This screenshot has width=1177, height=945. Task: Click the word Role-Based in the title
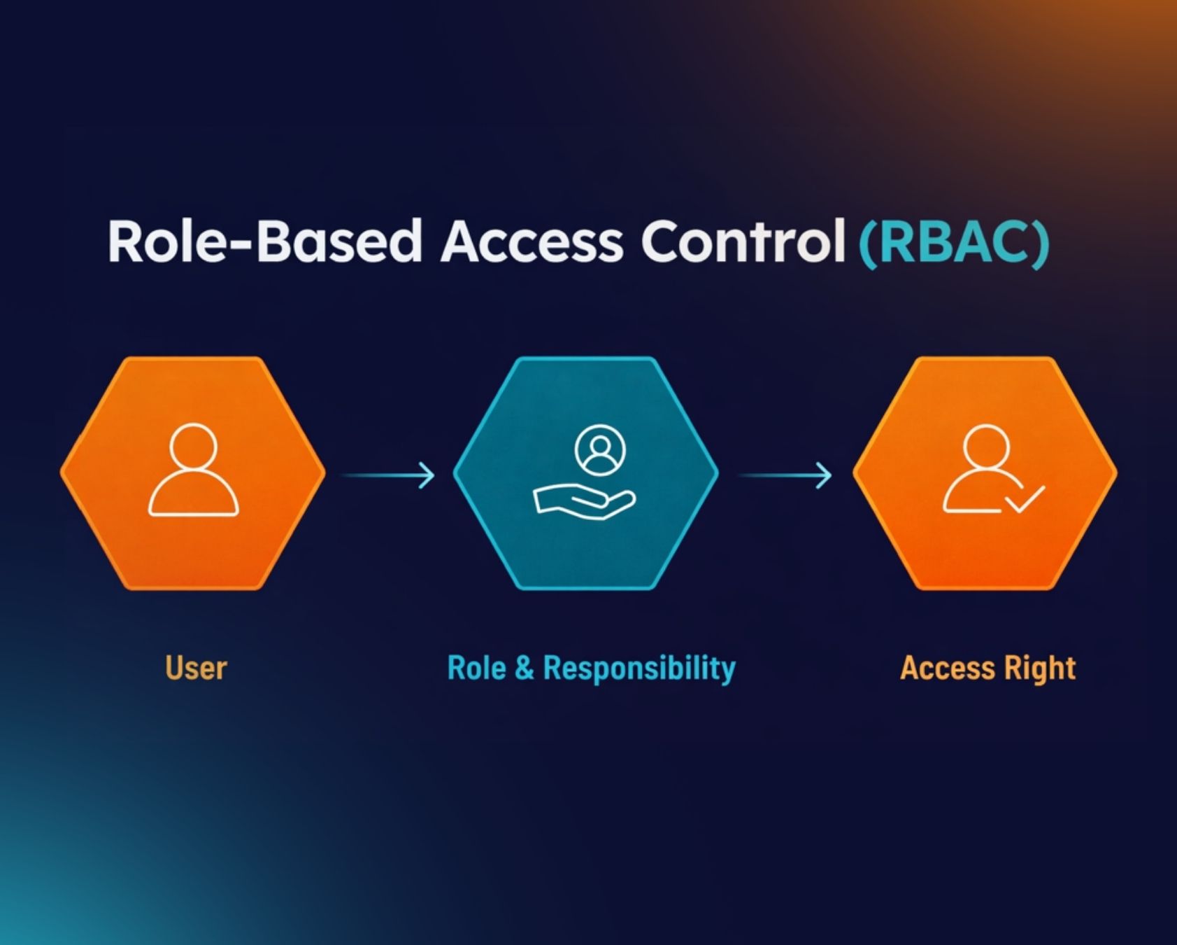(x=264, y=241)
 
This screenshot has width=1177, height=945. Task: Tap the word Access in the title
(x=531, y=241)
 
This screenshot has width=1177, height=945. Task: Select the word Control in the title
(x=743, y=241)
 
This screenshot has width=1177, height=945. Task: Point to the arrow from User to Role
(x=387, y=475)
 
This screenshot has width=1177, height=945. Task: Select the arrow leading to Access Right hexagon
(x=785, y=475)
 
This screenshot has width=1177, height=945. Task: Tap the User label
(x=196, y=668)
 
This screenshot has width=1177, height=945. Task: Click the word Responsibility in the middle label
(x=639, y=668)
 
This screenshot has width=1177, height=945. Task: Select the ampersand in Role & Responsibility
(x=524, y=668)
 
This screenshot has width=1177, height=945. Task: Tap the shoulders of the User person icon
(x=194, y=496)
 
